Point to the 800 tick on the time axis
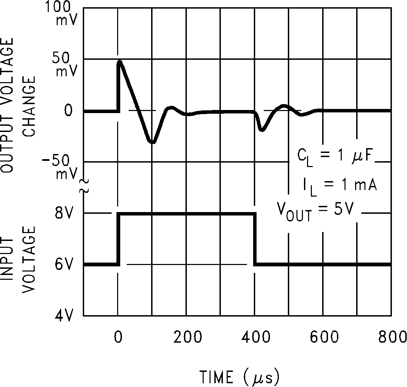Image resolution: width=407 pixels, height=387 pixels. coord(392,338)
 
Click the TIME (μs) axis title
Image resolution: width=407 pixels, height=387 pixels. coord(240,377)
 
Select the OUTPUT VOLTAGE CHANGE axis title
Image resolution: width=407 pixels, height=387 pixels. coord(19,105)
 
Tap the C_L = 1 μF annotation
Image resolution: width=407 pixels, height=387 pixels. coord(336,156)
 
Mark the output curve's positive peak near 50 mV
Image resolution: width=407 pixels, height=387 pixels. coord(120,62)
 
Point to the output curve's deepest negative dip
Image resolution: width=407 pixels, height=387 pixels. coord(152,142)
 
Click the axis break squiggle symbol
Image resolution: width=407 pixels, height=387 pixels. coord(84,186)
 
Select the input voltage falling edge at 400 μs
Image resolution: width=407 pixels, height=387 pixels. coord(255,239)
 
